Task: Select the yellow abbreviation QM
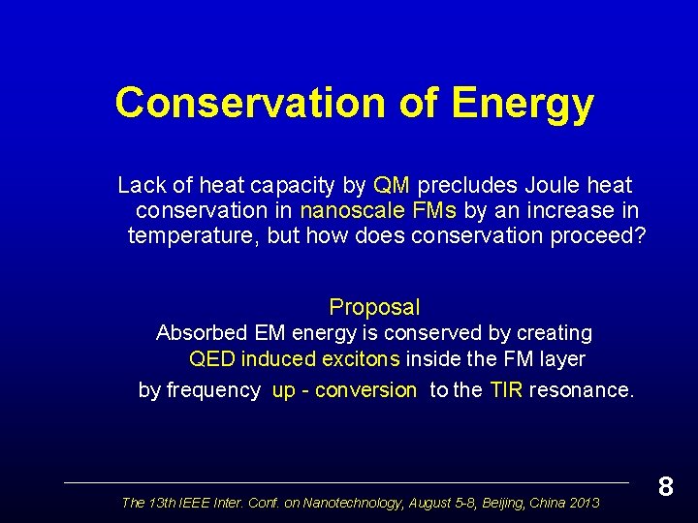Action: point(392,185)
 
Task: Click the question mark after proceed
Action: point(638,235)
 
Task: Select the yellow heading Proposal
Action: point(374,307)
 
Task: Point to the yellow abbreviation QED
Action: point(211,359)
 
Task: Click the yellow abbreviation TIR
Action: point(506,390)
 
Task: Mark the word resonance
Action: point(583,390)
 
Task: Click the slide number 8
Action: point(665,486)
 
